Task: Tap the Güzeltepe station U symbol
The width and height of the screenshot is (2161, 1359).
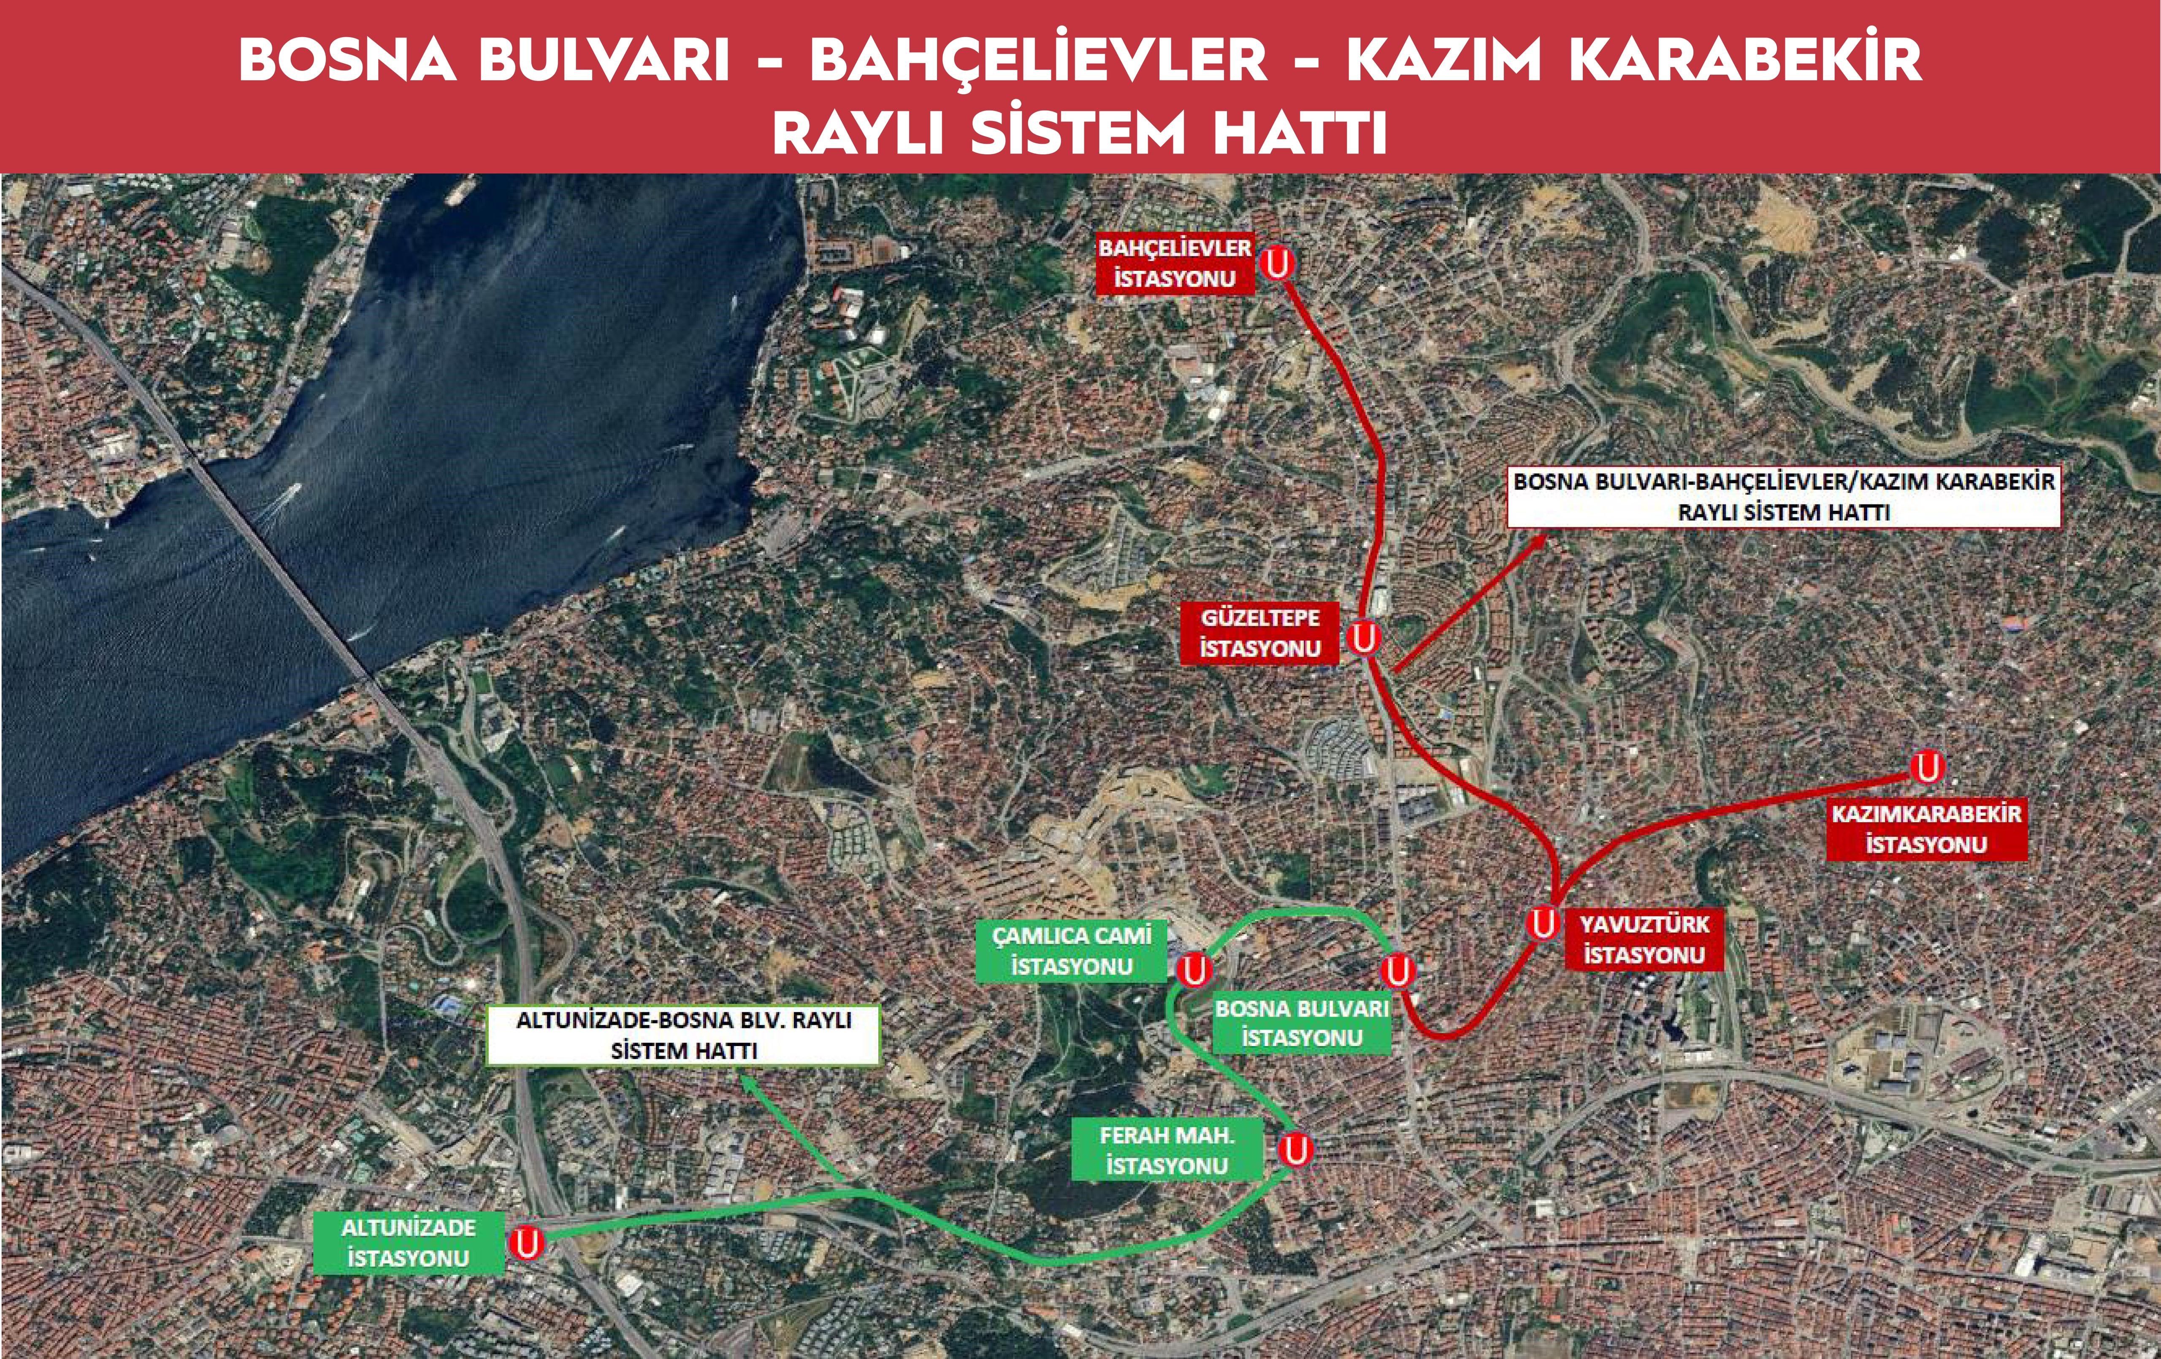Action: [x=1364, y=639]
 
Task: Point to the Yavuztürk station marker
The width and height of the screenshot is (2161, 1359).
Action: [x=1543, y=923]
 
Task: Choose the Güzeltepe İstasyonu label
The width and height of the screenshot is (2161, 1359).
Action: [x=1260, y=633]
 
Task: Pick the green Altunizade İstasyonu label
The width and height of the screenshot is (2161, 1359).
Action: [x=408, y=1243]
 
